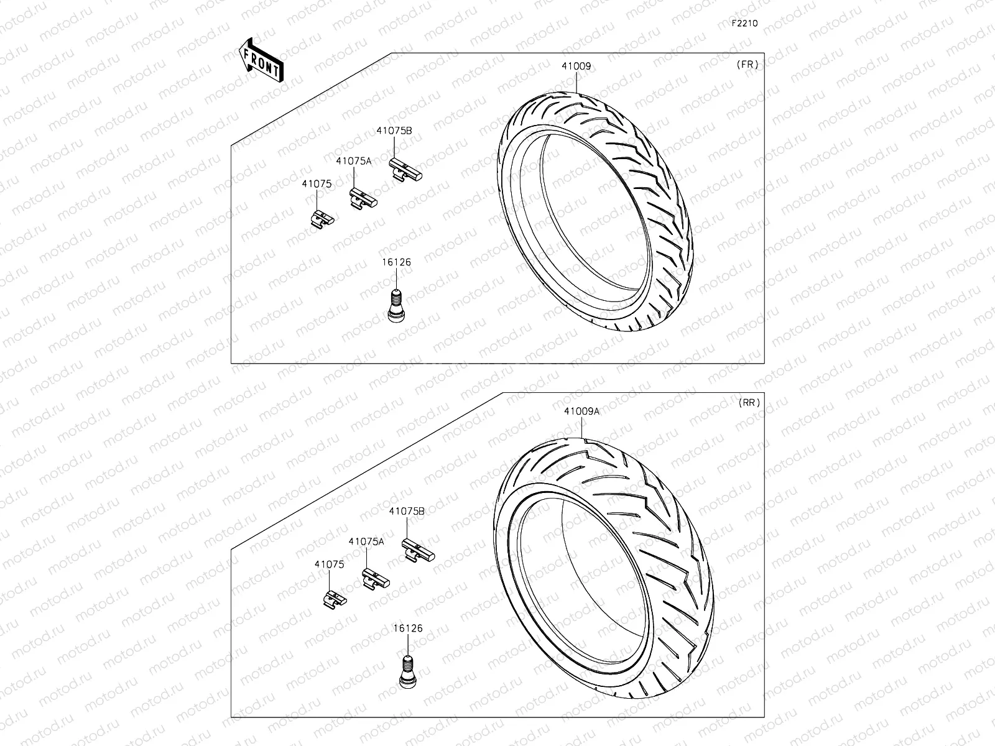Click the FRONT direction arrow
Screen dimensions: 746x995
pos(260,60)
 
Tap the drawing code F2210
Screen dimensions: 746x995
pos(744,23)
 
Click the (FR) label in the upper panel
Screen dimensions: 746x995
pos(747,64)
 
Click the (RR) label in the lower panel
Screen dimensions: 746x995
pos(749,402)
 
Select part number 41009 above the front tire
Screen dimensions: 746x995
pos(576,67)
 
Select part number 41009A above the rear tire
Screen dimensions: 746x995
pos(581,411)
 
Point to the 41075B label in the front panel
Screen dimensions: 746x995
pos(394,131)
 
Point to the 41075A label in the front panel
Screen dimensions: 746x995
pos(353,160)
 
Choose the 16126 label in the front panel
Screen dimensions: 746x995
pos(396,262)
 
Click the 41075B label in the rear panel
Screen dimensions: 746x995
pos(407,511)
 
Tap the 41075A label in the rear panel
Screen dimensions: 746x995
pos(366,541)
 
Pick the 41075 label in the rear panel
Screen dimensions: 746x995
pos(329,564)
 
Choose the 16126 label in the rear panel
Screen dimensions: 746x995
pos(408,629)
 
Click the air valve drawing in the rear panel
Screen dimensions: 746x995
pos(407,671)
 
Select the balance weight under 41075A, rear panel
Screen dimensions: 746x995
pos(376,579)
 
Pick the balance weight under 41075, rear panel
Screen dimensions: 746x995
pos(335,599)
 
